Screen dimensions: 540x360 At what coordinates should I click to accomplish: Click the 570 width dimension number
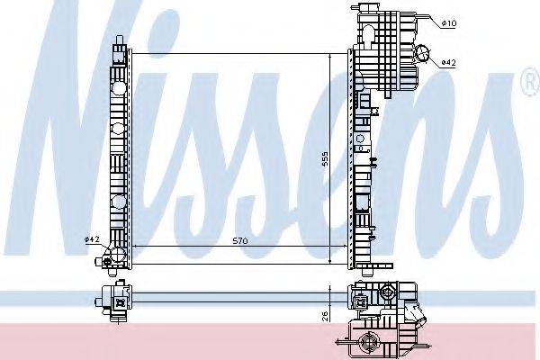pos(240,241)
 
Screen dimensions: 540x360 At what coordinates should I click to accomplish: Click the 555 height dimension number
pos(325,159)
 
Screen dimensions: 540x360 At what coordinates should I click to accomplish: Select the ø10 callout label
pos(449,23)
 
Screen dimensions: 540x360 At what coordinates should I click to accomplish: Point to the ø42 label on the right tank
pos(449,63)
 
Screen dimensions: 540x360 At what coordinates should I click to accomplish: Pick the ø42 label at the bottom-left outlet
pos(93,238)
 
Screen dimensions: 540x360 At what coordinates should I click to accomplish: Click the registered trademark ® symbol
pos(531,82)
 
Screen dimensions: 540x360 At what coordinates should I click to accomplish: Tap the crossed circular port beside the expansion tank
pos(422,53)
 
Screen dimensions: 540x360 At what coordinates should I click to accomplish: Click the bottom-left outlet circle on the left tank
pos(117,256)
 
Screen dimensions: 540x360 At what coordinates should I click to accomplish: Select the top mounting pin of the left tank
pos(120,39)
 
